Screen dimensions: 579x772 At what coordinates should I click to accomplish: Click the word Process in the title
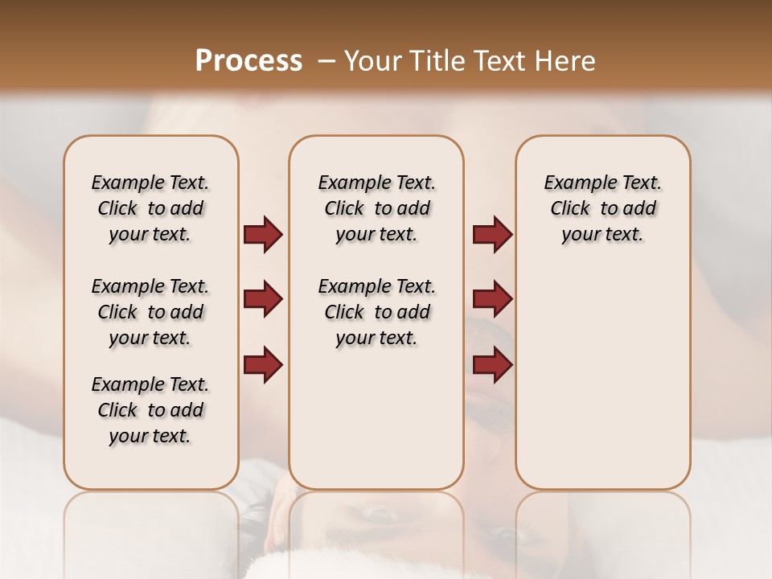point(248,61)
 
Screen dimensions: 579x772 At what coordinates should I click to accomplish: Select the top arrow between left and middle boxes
point(263,235)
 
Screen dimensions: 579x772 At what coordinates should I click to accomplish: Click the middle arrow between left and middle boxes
point(263,299)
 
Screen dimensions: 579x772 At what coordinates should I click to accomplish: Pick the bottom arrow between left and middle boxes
point(263,364)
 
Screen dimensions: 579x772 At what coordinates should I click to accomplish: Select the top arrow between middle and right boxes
point(492,235)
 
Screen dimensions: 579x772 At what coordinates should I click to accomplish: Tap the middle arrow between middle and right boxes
point(492,299)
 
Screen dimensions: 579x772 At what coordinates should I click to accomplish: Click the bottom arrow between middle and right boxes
point(492,364)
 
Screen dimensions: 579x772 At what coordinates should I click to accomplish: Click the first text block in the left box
point(150,208)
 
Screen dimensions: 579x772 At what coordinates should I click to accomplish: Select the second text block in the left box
point(150,312)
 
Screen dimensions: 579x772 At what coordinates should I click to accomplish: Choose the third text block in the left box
point(150,410)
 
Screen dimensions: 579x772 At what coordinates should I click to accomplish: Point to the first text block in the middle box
point(376,208)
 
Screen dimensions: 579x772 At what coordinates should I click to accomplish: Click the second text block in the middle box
point(376,312)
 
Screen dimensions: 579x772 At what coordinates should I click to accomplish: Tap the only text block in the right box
point(602,208)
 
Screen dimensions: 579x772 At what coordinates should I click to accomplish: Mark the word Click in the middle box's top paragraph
point(344,209)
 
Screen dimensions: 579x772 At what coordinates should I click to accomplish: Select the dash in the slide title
point(326,61)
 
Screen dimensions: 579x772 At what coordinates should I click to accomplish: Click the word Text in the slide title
point(495,61)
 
